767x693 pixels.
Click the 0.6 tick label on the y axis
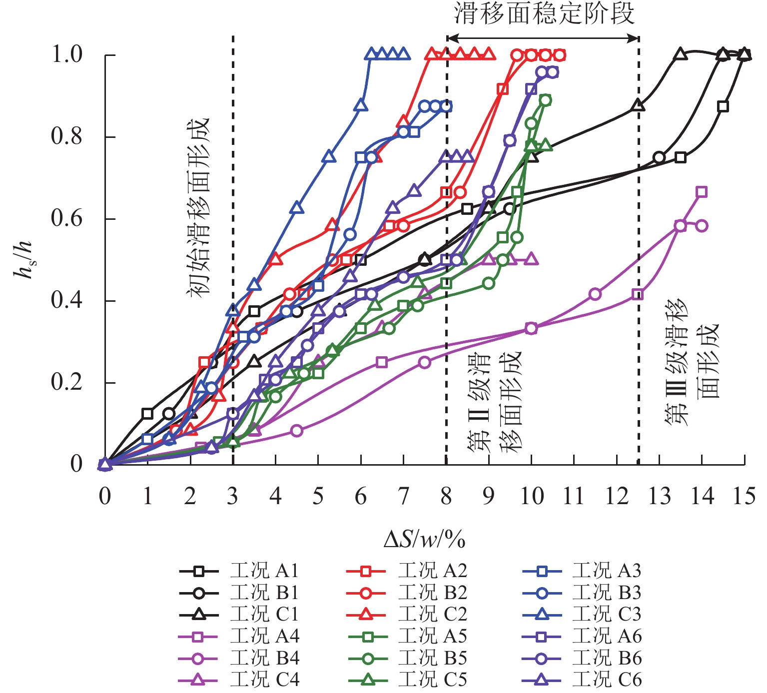[67, 219]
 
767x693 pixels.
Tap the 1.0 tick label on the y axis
[67, 54]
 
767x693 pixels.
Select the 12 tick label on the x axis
[617, 496]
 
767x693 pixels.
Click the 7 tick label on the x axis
[403, 496]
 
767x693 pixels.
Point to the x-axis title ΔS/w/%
[425, 540]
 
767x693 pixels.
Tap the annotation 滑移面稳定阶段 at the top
[544, 13]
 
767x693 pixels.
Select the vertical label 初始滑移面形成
[198, 207]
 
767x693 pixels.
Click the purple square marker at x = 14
[702, 192]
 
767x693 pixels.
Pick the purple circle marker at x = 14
[702, 226]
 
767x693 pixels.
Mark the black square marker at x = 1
[147, 413]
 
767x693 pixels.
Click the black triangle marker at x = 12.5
[638, 105]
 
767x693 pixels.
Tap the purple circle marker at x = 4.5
[297, 431]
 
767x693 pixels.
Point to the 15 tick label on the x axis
[744, 496]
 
